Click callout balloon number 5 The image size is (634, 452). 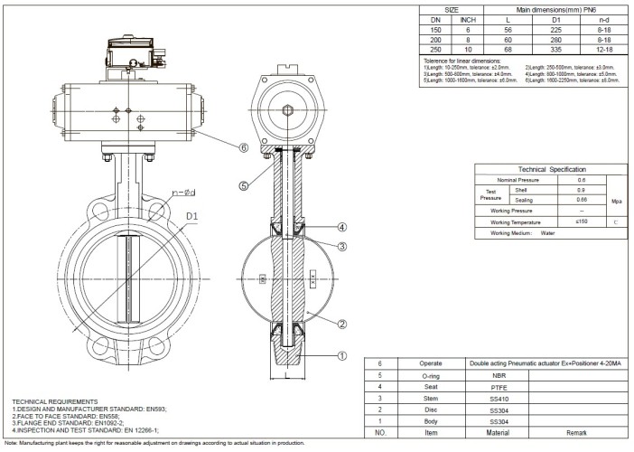click(x=243, y=187)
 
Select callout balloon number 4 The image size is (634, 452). click(x=342, y=227)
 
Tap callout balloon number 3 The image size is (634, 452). click(x=342, y=247)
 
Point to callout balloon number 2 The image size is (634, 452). click(x=342, y=324)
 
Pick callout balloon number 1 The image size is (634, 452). click(x=342, y=355)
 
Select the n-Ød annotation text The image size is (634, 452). click(x=183, y=193)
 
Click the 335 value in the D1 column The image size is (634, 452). click(x=544, y=48)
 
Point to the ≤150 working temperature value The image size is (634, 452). click(x=582, y=221)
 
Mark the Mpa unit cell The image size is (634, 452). click(x=616, y=201)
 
